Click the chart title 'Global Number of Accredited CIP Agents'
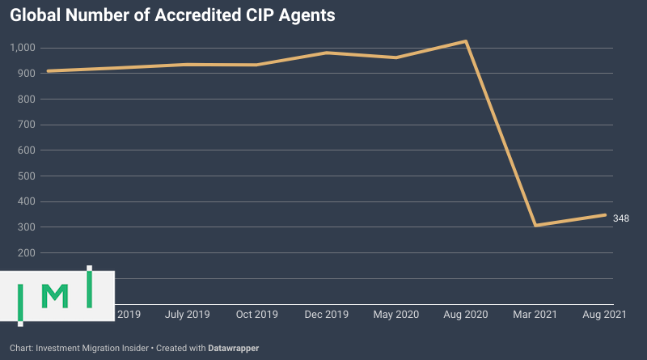point(171,15)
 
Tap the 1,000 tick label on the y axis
point(24,48)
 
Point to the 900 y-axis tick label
point(27,74)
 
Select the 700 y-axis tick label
point(27,125)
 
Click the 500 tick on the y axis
point(27,176)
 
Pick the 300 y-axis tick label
point(27,227)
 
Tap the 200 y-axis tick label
point(27,253)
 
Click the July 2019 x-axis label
point(188,313)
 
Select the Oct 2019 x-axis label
point(258,313)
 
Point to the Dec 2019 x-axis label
point(327,313)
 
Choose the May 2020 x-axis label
point(396,313)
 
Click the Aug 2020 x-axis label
point(466,313)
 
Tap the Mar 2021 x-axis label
point(535,313)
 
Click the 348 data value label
point(621,218)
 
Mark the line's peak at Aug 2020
point(466,41)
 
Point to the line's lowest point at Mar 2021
point(535,225)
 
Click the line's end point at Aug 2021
point(605,214)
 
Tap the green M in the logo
point(55,295)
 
